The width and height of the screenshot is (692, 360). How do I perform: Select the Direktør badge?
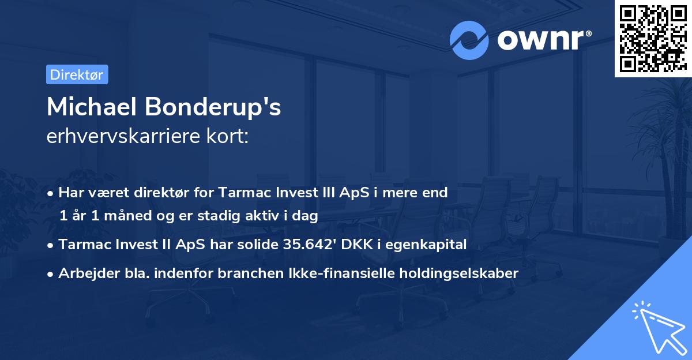tap(77, 74)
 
